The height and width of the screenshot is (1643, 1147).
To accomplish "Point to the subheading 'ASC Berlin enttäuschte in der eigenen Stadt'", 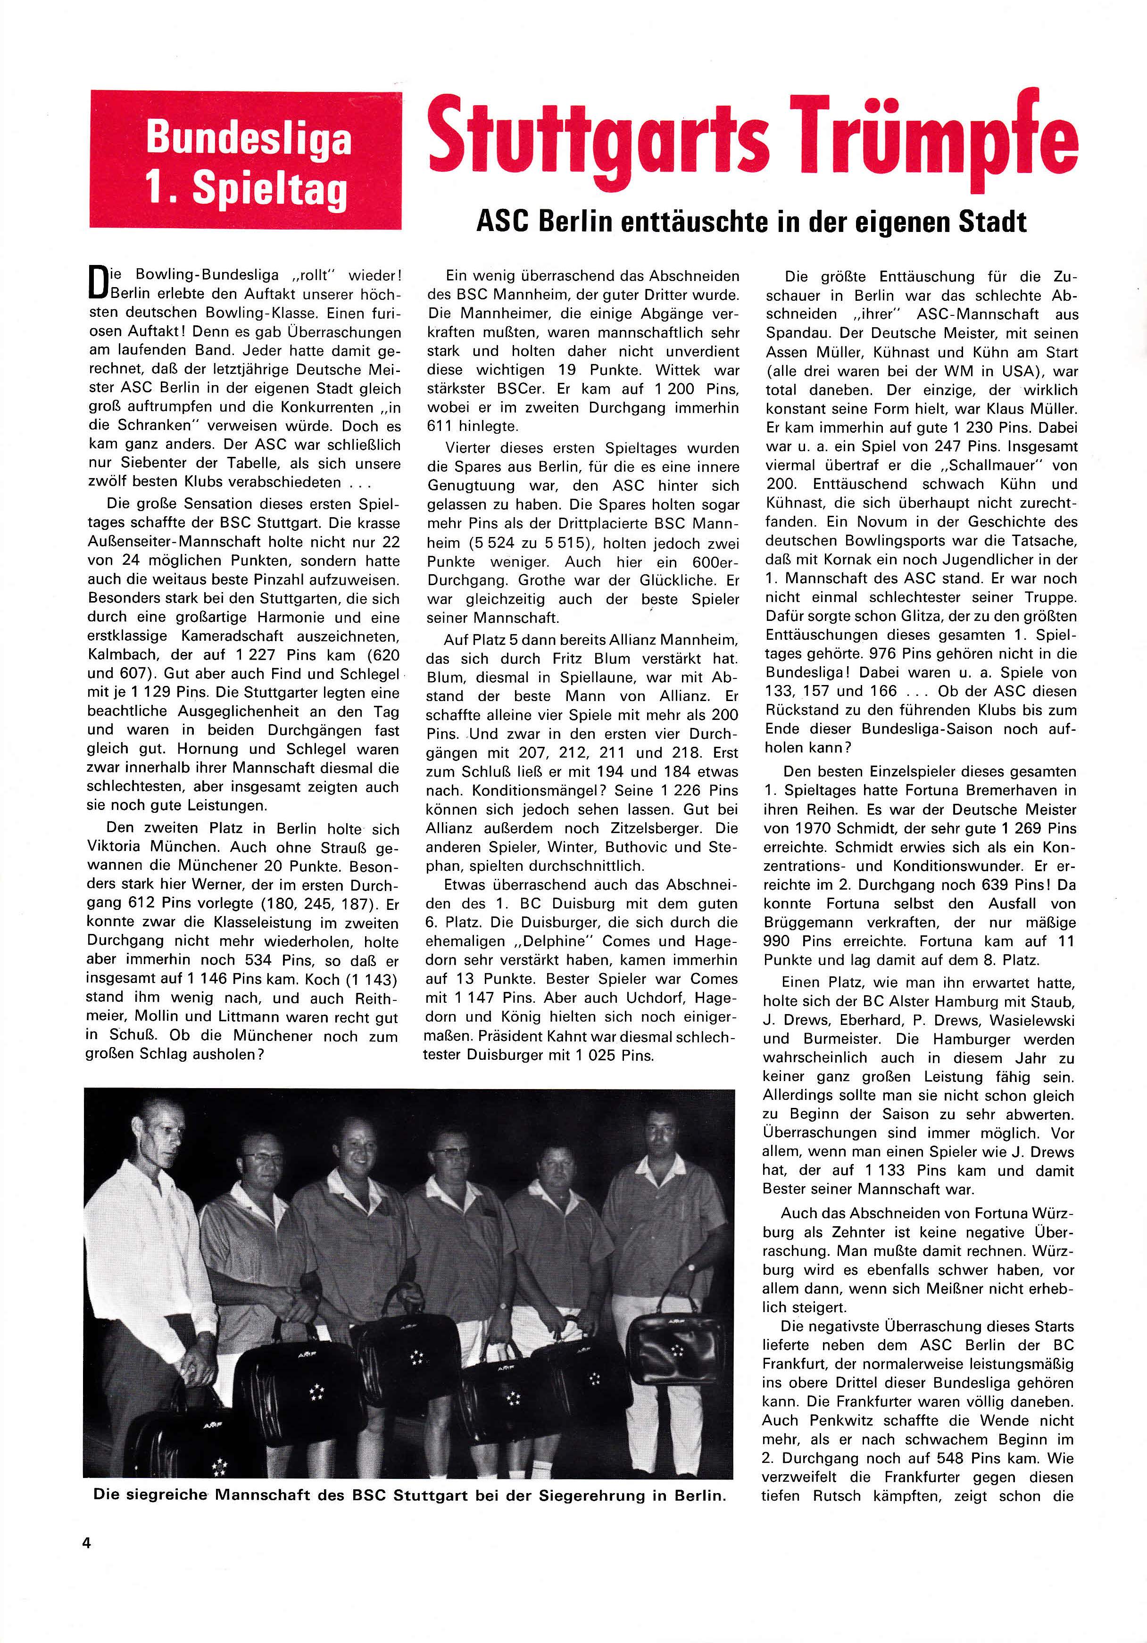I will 752,222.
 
